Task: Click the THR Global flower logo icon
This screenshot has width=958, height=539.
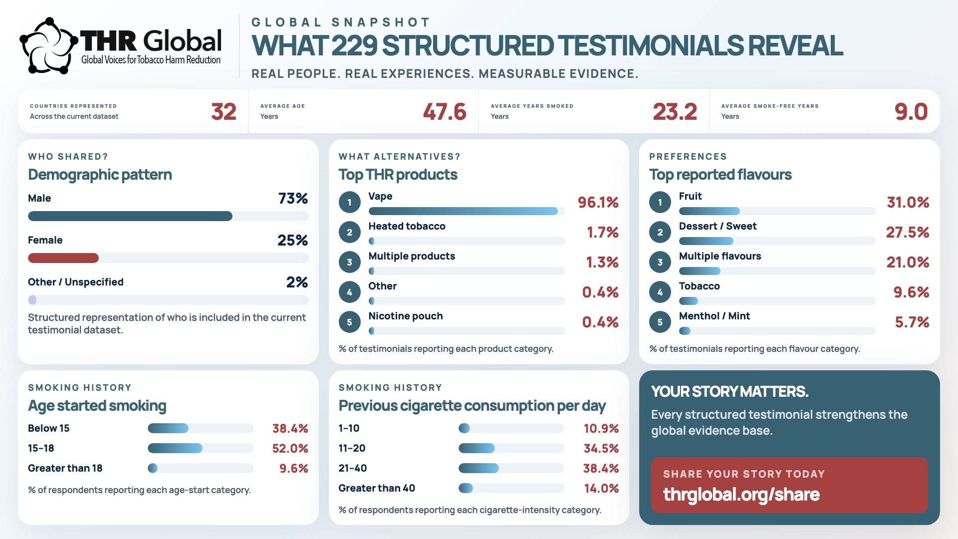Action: pyautogui.click(x=48, y=46)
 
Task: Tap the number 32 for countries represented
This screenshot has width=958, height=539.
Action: pyautogui.click(x=224, y=112)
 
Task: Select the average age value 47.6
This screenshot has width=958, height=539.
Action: pyautogui.click(x=445, y=112)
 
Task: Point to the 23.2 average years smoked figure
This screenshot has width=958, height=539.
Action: pyautogui.click(x=675, y=112)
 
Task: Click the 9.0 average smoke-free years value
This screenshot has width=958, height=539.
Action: pyautogui.click(x=911, y=112)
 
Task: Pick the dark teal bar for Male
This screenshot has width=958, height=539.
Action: pyautogui.click(x=130, y=216)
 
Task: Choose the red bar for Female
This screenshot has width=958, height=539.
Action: pyautogui.click(x=63, y=258)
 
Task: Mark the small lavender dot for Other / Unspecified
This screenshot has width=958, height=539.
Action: pyautogui.click(x=32, y=300)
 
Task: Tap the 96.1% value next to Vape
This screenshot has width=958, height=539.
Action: pyautogui.click(x=598, y=202)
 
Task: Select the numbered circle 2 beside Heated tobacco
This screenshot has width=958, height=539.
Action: pyautogui.click(x=350, y=232)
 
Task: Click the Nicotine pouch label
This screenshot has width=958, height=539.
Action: pyautogui.click(x=406, y=316)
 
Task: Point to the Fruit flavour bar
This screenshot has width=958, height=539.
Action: pyautogui.click(x=710, y=211)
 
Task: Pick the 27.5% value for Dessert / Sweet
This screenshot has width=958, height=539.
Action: pyautogui.click(x=908, y=232)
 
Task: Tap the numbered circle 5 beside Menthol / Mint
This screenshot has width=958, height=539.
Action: pyautogui.click(x=660, y=322)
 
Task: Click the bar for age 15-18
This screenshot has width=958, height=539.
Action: pyautogui.click(x=175, y=448)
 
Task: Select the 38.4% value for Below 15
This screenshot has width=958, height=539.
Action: pyautogui.click(x=290, y=428)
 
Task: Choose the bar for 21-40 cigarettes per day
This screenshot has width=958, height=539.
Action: pyautogui.click(x=479, y=468)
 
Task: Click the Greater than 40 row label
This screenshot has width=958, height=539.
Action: pyautogui.click(x=377, y=488)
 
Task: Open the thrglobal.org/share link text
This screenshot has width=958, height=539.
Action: pyautogui.click(x=741, y=495)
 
